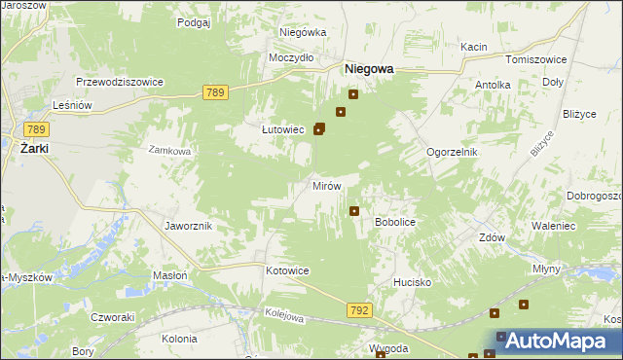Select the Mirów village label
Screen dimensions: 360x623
(x=325, y=186)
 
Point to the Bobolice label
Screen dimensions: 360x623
(x=395, y=223)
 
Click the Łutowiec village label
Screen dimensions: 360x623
(x=284, y=129)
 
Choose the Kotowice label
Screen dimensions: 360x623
(x=287, y=270)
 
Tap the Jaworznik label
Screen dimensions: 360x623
(x=189, y=226)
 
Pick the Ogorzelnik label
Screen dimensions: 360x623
(x=452, y=153)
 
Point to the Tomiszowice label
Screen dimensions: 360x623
(x=530, y=58)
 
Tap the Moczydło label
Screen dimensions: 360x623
(x=291, y=57)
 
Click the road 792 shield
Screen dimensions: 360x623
(x=358, y=310)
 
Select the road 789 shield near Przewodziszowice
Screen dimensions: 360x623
(x=216, y=92)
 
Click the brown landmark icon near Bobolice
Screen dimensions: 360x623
(x=354, y=210)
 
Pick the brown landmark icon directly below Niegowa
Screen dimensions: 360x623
(x=353, y=94)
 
